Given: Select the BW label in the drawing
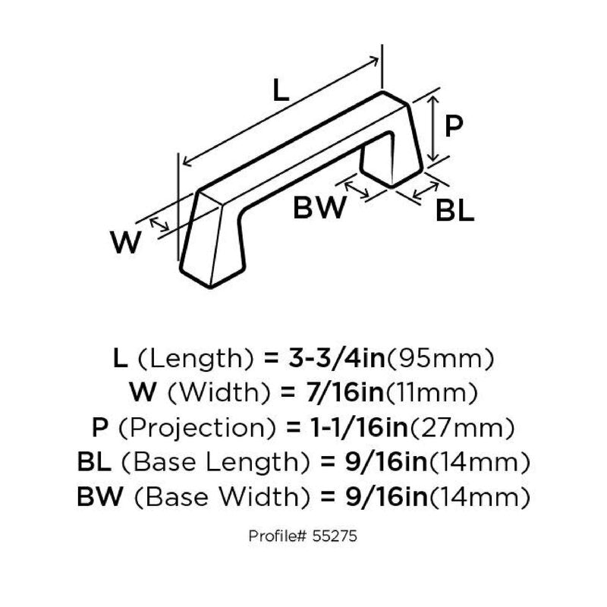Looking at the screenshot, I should click(319, 208).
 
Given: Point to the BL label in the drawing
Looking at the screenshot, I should click(454, 211).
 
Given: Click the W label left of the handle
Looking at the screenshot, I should click(126, 244).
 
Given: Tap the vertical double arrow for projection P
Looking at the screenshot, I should click(432, 126).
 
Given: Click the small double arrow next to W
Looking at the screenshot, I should click(159, 224).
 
